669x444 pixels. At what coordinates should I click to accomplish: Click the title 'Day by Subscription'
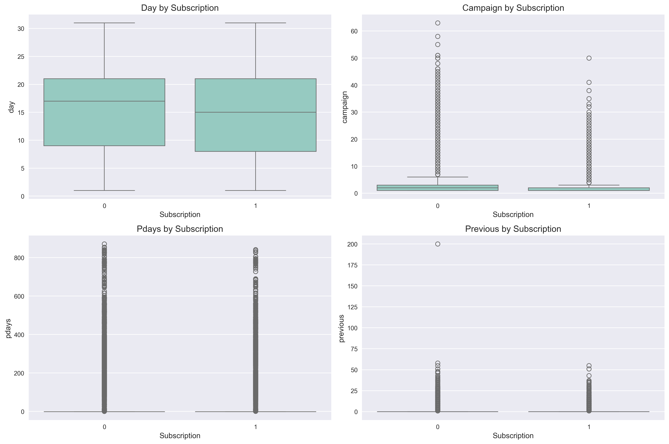[x=180, y=8]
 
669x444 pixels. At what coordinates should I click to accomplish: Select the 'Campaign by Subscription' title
[x=513, y=8]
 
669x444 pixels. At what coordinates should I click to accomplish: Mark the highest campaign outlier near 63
[x=438, y=23]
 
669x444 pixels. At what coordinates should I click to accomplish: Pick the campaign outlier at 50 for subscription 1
[x=589, y=58]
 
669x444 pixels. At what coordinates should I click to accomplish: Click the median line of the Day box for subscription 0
[x=104, y=101]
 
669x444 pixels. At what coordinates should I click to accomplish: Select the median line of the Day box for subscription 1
[x=256, y=112]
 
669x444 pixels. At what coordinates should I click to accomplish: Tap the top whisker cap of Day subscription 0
[x=104, y=23]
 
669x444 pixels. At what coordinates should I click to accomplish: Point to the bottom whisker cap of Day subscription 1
[x=256, y=190]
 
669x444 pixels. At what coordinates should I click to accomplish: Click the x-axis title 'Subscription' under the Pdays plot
[x=180, y=435]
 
